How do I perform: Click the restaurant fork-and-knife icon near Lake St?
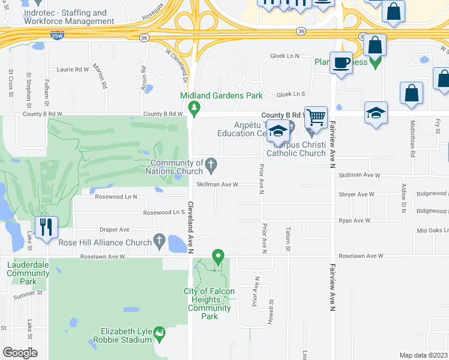click(x=46, y=228)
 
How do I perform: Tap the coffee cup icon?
click(x=342, y=62)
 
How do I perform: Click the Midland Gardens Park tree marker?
click(x=193, y=109)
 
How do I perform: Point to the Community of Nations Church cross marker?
click(x=211, y=164)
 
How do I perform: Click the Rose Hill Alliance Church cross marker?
click(x=159, y=242)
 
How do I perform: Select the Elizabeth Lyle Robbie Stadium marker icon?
click(x=159, y=332)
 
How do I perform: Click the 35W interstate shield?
click(x=57, y=36)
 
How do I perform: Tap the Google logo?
click(x=20, y=353)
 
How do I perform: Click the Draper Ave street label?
click(x=115, y=229)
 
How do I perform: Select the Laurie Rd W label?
click(x=73, y=69)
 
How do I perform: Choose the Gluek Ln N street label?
click(x=285, y=56)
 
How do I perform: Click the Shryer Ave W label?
click(x=356, y=194)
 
